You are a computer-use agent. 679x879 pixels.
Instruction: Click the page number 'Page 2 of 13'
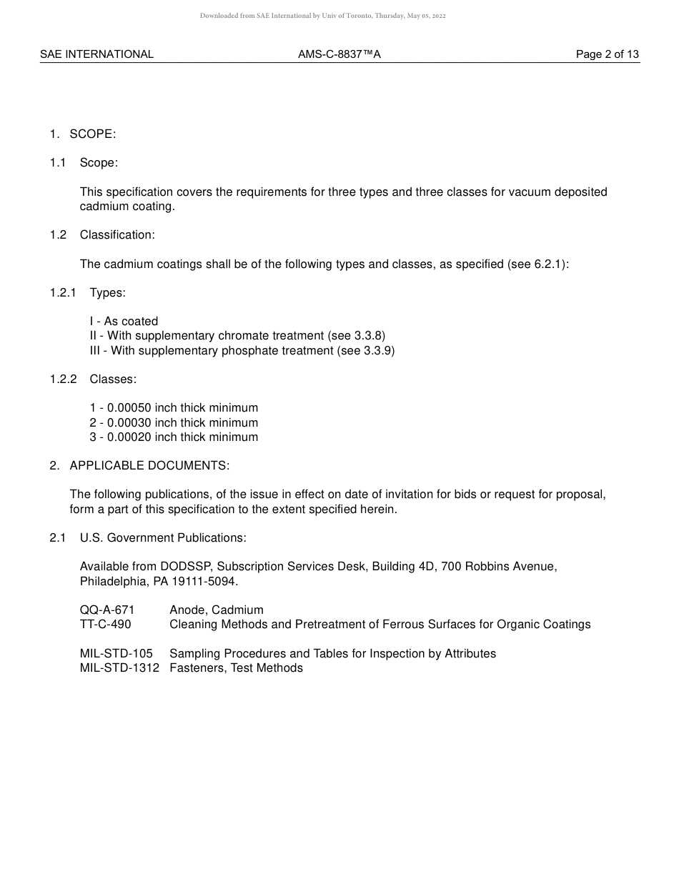[x=607, y=54]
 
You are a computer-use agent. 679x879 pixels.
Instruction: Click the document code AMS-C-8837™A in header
[x=339, y=54]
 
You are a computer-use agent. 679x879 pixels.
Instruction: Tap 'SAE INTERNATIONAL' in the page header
[x=96, y=54]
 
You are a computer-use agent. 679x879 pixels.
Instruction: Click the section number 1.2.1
[x=63, y=292]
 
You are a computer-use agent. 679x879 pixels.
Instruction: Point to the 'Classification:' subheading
[x=117, y=234]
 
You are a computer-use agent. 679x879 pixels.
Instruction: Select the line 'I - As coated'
[x=124, y=322]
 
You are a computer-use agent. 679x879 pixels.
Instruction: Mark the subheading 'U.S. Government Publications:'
[x=163, y=537]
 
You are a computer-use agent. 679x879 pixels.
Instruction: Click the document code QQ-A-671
[x=107, y=610]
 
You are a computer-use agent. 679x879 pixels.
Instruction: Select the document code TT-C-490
[x=106, y=624]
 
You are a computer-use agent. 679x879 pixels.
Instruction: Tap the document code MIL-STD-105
[x=117, y=653]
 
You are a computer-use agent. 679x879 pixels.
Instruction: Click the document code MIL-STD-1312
[x=119, y=667]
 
